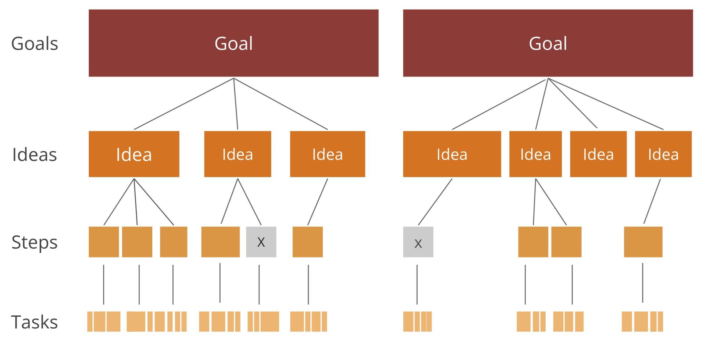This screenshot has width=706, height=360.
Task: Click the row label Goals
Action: [x=35, y=43]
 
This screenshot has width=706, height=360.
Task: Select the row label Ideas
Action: [x=35, y=154]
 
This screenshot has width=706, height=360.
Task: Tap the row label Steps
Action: [x=35, y=242]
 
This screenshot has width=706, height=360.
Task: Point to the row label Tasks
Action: [x=35, y=322]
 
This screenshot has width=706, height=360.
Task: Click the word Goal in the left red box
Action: [x=233, y=43]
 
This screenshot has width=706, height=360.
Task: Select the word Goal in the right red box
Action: [x=548, y=43]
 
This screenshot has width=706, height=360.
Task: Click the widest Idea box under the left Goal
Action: [x=134, y=154]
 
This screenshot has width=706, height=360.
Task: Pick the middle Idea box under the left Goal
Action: [x=238, y=154]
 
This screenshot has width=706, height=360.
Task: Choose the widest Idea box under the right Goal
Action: [x=452, y=154]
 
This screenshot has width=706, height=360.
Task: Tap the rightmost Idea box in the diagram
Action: [x=663, y=154]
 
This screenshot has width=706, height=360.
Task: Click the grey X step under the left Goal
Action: [x=261, y=242]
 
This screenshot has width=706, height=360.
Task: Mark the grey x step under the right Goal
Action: [x=418, y=242]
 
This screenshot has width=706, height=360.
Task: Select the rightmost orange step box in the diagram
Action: [x=643, y=242]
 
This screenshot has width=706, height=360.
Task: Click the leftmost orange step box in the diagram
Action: [x=104, y=242]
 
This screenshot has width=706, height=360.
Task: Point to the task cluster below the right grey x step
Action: [x=417, y=322]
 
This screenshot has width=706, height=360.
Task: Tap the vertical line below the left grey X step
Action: [x=259, y=285]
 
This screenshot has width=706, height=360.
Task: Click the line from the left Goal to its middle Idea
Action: [x=236, y=104]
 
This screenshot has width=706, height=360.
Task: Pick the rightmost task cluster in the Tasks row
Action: [x=642, y=322]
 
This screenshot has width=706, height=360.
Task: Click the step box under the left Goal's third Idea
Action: [x=308, y=242]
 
